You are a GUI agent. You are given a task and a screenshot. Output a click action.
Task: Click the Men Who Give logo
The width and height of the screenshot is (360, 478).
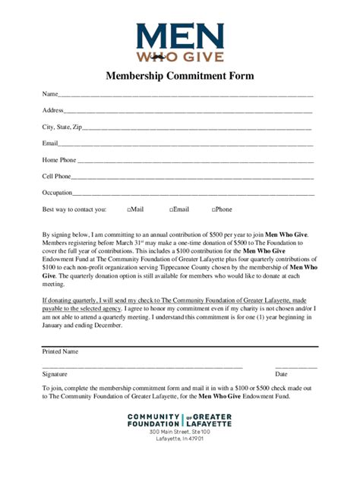pos(180,42)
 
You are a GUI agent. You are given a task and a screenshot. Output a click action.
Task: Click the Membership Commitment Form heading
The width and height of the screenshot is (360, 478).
pos(180,76)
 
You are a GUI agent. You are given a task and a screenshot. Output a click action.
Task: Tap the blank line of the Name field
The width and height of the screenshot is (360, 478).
pos(185,96)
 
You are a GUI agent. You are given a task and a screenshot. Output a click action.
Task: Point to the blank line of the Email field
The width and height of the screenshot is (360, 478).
pos(185,145)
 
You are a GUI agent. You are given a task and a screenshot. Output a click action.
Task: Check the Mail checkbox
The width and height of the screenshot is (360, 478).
pos(130,209)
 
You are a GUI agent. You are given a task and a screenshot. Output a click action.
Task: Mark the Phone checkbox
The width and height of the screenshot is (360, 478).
pos(213,209)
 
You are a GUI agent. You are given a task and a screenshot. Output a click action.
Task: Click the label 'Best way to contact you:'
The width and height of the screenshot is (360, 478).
pos(74,209)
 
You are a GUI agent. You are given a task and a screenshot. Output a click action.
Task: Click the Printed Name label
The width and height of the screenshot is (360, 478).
pos(60,351)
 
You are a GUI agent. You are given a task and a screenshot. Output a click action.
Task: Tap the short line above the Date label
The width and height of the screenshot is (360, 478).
pos(296,367)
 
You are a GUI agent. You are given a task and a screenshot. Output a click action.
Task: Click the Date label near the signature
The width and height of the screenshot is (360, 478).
pos(281,374)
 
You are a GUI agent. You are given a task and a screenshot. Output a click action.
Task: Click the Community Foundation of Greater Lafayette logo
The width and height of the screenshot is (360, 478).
pos(180,420)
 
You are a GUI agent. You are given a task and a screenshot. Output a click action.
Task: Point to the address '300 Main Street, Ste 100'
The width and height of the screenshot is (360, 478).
pos(180,431)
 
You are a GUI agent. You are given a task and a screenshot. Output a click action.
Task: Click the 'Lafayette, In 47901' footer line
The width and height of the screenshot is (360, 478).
pos(180,439)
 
